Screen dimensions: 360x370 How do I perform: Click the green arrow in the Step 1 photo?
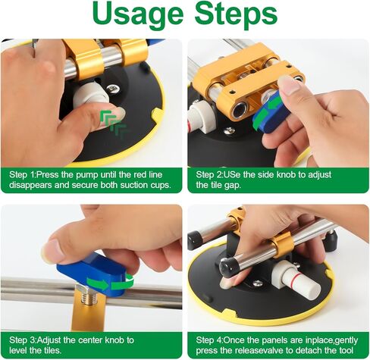click(x=111, y=117)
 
